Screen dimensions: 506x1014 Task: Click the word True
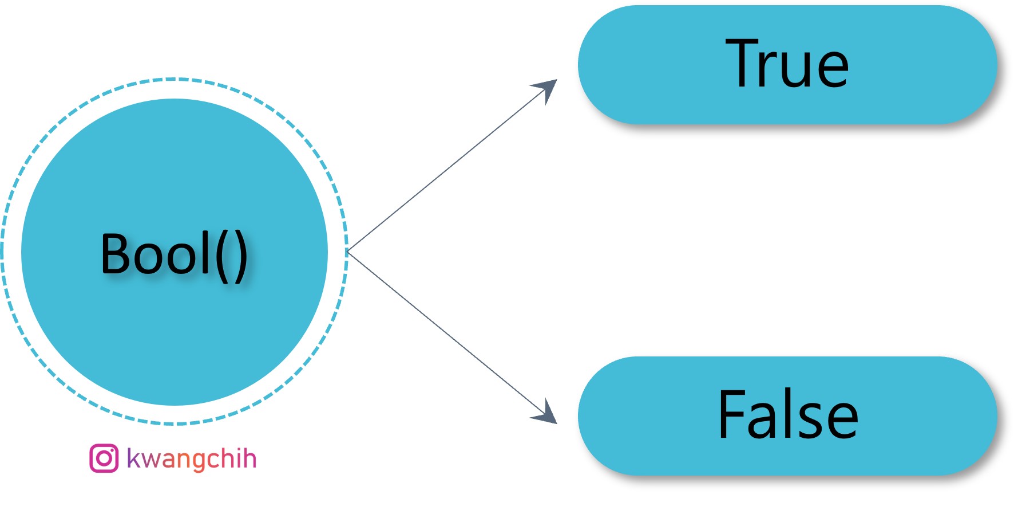coord(787,64)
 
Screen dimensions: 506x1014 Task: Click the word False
coord(787,414)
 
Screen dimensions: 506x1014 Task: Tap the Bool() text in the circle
coord(174,254)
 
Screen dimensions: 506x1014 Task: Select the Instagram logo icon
coord(104,458)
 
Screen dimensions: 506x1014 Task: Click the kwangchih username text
coord(191,458)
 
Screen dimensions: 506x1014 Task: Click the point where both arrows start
coord(348,252)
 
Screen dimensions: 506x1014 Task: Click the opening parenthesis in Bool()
coord(222,256)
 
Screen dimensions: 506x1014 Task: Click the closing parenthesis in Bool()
coord(241,256)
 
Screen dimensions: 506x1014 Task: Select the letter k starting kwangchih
coord(134,458)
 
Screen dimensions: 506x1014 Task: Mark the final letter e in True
coord(833,70)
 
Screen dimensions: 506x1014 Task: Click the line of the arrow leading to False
coord(446,332)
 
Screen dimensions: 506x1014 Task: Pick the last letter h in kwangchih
coord(249,458)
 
